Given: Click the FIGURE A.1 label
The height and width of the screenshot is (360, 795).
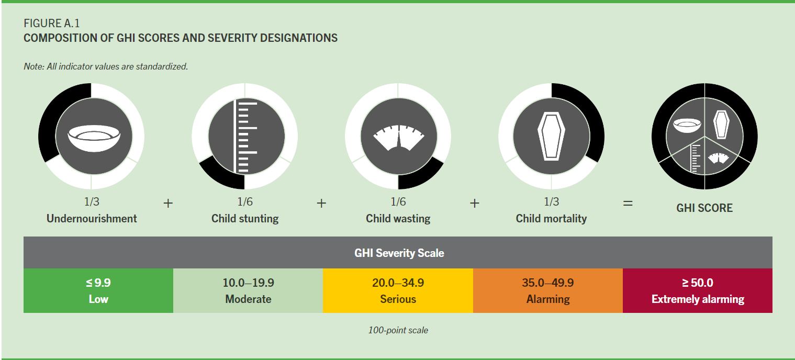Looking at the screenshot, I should coord(51,23).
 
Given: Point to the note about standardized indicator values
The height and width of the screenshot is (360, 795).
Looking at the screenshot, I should coord(106,66).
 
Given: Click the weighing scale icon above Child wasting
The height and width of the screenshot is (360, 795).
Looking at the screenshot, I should coord(399,137).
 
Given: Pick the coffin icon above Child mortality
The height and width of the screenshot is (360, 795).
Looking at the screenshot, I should coord(551,136).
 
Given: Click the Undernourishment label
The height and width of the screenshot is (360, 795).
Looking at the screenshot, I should coord(92,218).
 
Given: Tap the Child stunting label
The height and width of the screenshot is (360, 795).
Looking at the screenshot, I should coord(245,218).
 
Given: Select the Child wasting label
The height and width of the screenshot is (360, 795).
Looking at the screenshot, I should coord(398,218).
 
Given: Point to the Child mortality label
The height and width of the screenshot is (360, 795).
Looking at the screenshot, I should coord(551,218).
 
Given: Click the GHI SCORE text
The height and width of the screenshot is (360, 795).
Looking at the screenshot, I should coord(704,208).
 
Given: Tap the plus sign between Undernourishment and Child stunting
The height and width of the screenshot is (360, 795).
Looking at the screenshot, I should coord(168,204).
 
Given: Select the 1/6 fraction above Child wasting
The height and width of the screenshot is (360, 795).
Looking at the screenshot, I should coord(398,202).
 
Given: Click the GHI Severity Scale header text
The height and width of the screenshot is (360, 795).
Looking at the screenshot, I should coord(399,253).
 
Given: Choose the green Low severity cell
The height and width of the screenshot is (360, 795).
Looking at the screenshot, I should coord(98,290).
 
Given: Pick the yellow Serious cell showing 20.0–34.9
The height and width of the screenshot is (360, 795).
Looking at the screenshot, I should coord(398,290).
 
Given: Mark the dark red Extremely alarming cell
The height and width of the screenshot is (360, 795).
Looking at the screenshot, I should coord(697,290).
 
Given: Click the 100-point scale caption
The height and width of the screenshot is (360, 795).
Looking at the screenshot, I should coord(398,330).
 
